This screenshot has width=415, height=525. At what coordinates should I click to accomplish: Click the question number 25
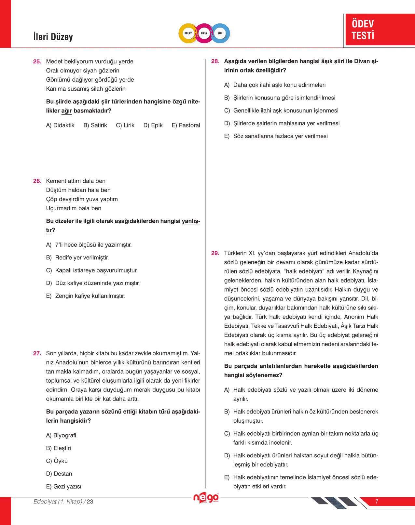(37, 61)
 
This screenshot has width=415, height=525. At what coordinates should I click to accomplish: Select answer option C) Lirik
(125, 125)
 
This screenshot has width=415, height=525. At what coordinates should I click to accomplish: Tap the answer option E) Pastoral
(186, 125)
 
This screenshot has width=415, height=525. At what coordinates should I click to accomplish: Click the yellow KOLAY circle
(188, 33)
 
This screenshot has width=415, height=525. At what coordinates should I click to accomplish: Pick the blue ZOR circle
(220, 33)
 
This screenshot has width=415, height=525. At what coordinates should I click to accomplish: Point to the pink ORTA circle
(204, 33)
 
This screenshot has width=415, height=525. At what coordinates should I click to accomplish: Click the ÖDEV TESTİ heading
(363, 30)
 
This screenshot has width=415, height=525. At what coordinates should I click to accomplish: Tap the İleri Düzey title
(53, 37)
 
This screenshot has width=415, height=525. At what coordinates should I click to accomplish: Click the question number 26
(37, 181)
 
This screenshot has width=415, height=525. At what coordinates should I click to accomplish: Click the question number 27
(37, 353)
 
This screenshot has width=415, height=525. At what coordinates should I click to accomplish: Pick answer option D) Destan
(59, 474)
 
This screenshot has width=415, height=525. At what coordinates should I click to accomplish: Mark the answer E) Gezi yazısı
(64, 486)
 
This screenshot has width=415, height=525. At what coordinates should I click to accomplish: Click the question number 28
(215, 61)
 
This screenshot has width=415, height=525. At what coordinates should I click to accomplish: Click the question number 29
(215, 253)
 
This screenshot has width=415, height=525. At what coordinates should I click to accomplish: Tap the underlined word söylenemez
(262, 375)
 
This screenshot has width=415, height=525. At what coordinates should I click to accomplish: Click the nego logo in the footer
(206, 498)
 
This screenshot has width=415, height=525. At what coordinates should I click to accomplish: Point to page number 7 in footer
(377, 501)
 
